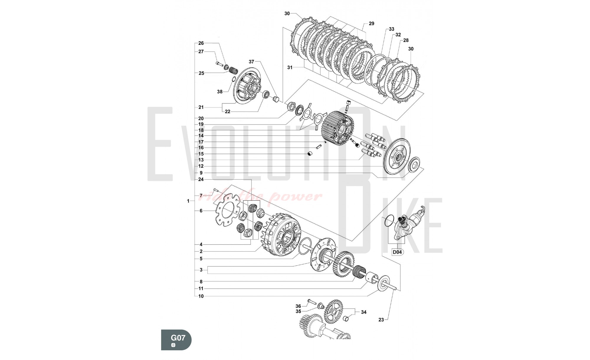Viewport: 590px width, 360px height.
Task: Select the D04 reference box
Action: [397, 252]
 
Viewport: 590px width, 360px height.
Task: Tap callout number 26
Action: [201, 43]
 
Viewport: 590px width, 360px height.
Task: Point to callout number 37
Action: [251, 62]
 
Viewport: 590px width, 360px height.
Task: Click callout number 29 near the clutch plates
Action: [371, 23]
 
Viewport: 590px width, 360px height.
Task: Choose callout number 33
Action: [391, 29]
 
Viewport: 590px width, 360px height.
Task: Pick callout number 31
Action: [290, 67]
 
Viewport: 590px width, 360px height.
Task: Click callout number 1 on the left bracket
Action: [188, 201]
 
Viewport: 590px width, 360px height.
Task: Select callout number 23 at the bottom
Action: [381, 320]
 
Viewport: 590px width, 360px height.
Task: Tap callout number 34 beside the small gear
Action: [364, 312]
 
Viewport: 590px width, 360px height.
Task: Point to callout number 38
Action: [220, 91]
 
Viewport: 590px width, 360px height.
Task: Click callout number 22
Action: [227, 112]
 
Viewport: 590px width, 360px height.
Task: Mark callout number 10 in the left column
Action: [201, 296]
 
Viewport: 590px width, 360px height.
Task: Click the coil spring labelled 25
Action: [234, 71]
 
